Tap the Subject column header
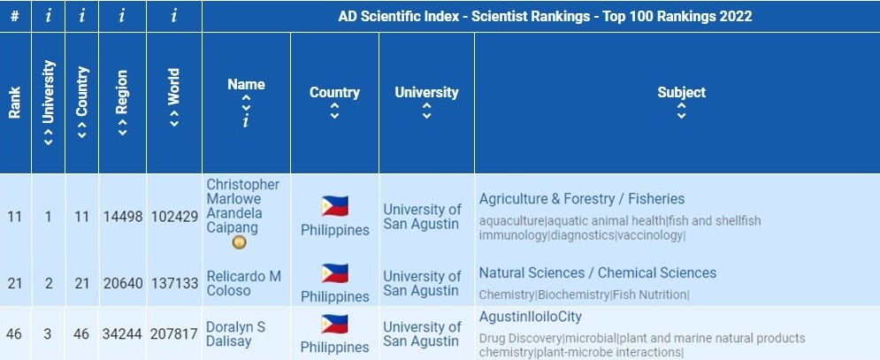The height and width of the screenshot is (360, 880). [x=681, y=92]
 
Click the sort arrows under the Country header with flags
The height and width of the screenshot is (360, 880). [x=334, y=111]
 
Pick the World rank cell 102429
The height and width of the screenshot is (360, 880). [x=174, y=217]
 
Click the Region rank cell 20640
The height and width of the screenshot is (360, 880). [x=123, y=283]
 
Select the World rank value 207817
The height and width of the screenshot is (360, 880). [x=174, y=334]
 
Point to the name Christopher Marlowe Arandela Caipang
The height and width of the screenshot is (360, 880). [x=242, y=206]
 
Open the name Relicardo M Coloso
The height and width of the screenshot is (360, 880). [x=243, y=283]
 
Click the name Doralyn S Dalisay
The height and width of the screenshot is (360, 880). [x=233, y=334]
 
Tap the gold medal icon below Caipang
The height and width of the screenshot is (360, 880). [x=239, y=242]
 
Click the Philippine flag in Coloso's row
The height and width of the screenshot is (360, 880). [x=334, y=273]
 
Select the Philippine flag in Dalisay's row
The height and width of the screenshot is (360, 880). [x=334, y=324]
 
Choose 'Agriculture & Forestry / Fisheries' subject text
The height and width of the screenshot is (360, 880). [x=582, y=199]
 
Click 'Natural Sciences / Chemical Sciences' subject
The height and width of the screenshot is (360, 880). [x=598, y=272]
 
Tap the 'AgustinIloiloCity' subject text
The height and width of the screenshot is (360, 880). [x=531, y=317]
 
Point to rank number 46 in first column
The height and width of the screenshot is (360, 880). [x=15, y=334]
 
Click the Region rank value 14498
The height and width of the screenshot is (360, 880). [x=123, y=217]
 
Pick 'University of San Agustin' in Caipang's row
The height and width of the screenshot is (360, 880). [x=422, y=217]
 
